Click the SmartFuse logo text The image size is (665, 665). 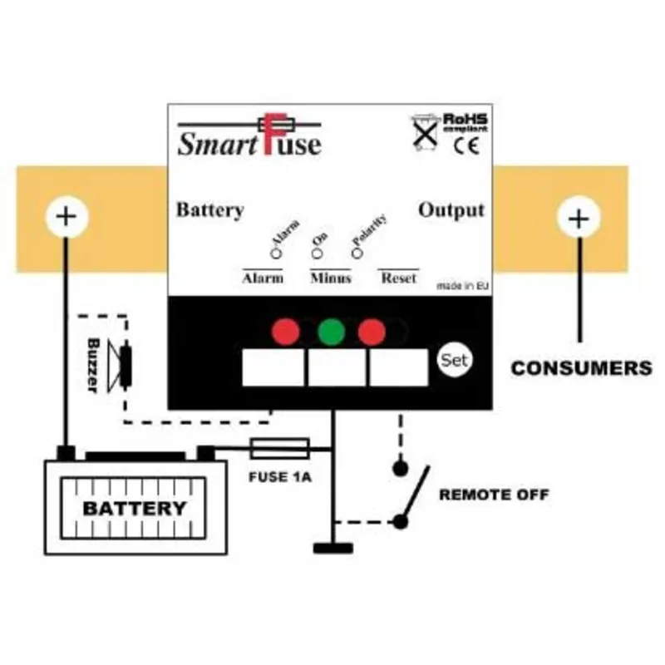tap(249, 142)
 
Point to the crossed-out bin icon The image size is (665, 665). tap(426, 131)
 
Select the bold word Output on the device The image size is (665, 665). tap(451, 209)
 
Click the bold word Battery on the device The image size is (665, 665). tap(209, 209)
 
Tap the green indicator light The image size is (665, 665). tap(331, 332)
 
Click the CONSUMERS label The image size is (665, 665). tap(581, 367)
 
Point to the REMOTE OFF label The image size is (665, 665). tap(494, 495)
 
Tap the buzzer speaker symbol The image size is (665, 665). tap(125, 366)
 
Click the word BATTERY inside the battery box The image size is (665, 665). tap(135, 508)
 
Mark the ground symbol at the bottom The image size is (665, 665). tap(332, 548)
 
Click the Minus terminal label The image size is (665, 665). tap(330, 278)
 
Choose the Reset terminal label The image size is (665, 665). tap(398, 278)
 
